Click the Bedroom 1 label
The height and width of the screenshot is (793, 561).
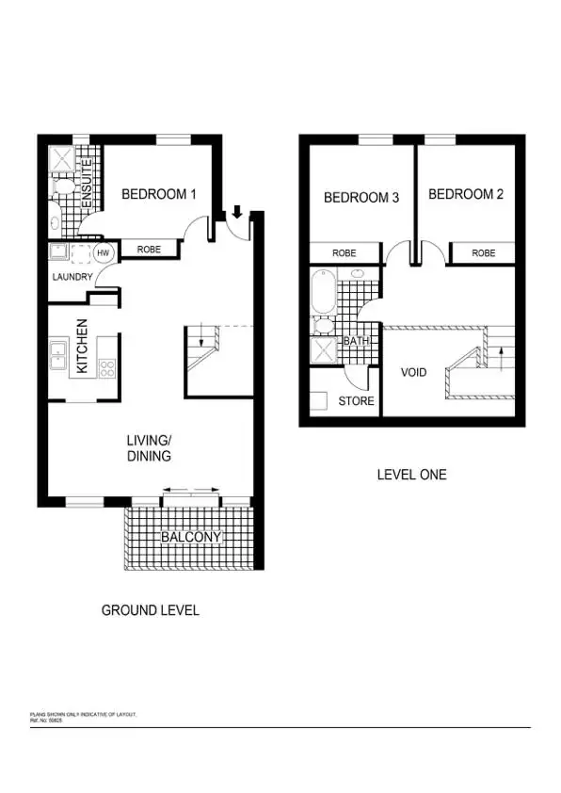point(159,195)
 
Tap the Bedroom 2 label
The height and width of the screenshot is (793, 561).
point(465,194)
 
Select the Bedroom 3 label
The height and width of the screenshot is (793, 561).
point(361,198)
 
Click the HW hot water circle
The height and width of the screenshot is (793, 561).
point(104,252)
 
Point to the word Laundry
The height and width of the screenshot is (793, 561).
point(72,277)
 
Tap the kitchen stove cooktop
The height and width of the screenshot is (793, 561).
point(107,368)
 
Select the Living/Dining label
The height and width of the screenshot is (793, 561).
point(150,447)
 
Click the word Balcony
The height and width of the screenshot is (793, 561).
point(191,538)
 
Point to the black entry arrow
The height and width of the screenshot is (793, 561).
point(236,214)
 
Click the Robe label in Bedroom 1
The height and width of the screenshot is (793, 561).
point(149,251)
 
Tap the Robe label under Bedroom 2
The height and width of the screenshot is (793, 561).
point(483,253)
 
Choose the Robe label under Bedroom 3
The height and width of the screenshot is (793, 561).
point(345,253)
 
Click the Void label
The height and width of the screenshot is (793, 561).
point(414,372)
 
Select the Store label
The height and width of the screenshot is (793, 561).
point(357,401)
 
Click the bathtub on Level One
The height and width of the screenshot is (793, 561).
point(323,292)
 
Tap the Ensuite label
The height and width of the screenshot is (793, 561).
point(88,174)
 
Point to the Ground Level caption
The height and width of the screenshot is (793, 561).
point(150,610)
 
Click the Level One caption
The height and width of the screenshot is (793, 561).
point(411,475)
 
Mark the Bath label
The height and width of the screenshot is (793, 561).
point(356,341)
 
